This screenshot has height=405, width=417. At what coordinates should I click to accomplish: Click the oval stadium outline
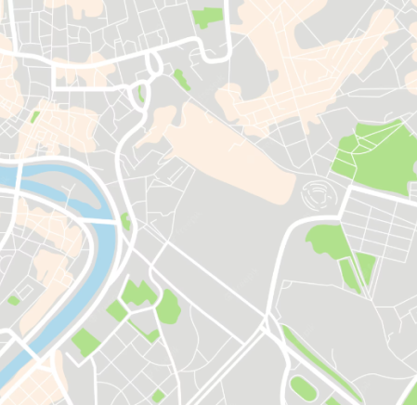(x=317, y=194)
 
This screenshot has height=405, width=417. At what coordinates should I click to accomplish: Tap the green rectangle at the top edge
(x=208, y=17)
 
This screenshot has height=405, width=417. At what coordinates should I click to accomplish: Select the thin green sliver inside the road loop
(x=141, y=94)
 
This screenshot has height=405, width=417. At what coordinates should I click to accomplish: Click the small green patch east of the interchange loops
(x=180, y=80)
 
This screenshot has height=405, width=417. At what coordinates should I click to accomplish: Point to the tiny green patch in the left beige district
(x=34, y=117)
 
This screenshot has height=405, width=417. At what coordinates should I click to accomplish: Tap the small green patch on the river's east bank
(x=125, y=221)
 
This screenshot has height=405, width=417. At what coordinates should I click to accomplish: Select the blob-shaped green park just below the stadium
(x=324, y=241)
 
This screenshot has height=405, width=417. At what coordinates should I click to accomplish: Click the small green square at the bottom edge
(x=159, y=397)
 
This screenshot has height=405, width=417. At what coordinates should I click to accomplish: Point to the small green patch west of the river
(x=14, y=300)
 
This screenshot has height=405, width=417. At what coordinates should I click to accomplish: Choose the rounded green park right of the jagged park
(x=168, y=307)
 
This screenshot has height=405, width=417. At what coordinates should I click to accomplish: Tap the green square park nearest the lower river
(x=85, y=342)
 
